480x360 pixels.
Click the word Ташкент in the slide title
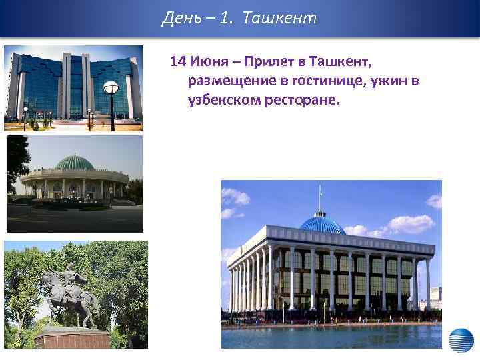pos(280,18)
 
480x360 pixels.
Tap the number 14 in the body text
pos(177,62)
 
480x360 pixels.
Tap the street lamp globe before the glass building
pos(111,87)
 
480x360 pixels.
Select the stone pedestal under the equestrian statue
pos(72,337)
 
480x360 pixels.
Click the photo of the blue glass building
pos(73,87)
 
